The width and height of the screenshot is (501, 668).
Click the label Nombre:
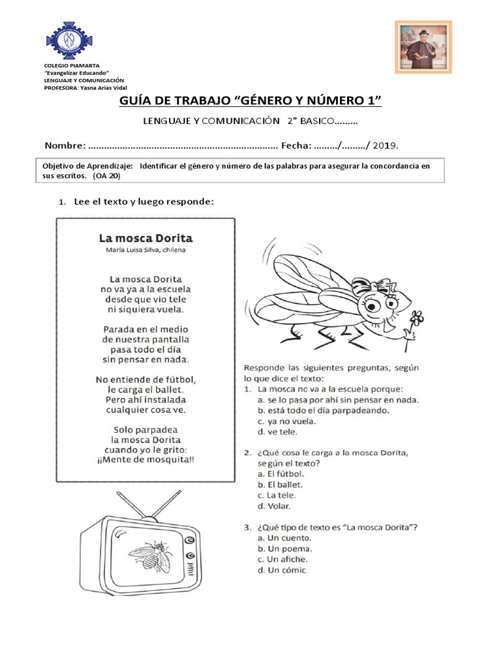point(65,145)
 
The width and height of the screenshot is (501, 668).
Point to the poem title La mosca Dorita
point(145,237)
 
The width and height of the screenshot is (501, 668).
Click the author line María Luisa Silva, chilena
point(145,250)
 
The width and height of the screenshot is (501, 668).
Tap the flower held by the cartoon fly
point(415,318)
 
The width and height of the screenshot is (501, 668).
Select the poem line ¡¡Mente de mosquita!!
point(145,459)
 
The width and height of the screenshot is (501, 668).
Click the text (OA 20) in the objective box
point(106,176)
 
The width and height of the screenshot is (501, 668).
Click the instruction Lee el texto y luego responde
point(144,202)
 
